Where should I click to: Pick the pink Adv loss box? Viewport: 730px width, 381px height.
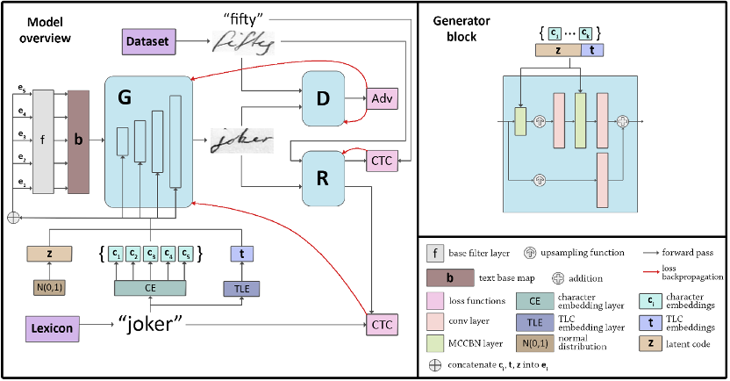pyautogui.click(x=382, y=97)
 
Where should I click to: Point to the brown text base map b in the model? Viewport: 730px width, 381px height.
pyautogui.click(x=79, y=140)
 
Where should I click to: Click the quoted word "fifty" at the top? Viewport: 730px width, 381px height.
pyautogui.click(x=247, y=17)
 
